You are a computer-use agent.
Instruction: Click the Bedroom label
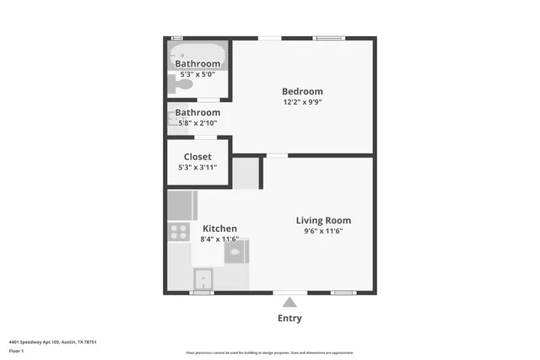[x=302, y=91]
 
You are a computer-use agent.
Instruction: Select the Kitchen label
[x=219, y=228]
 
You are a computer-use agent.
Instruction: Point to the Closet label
[x=197, y=157]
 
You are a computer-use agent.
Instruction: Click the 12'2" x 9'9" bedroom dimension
[x=302, y=102]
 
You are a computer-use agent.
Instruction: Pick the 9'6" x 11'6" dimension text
[x=323, y=231]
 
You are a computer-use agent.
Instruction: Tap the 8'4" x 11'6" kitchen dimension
[x=219, y=239]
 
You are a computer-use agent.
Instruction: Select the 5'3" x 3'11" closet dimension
[x=197, y=167]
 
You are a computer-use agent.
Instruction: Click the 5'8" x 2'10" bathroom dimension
[x=197, y=122]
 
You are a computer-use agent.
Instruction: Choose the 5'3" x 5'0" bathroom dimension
[x=197, y=74]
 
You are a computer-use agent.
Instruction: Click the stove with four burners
[x=178, y=231]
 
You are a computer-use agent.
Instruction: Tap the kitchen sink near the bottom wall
[x=202, y=278]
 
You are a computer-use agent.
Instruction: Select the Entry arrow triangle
[x=289, y=303]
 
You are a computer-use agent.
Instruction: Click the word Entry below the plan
[x=289, y=319]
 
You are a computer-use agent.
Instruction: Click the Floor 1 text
[x=16, y=351]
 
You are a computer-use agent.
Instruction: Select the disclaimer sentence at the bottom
[x=269, y=352]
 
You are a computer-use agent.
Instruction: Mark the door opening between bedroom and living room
[x=276, y=155]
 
